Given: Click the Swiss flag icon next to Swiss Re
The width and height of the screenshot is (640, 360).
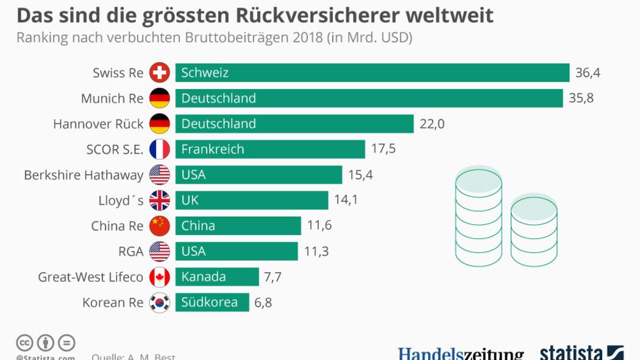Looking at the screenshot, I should (x=160, y=73).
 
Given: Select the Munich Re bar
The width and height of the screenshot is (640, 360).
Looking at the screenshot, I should (x=369, y=98).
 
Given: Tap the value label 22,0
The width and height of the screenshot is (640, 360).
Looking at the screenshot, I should (x=432, y=124).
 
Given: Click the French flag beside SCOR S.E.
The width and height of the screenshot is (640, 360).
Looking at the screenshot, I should (x=160, y=149).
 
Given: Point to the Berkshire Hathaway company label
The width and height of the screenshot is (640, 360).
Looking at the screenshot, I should (x=84, y=175).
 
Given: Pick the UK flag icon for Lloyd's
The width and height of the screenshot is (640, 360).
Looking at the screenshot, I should (x=160, y=200).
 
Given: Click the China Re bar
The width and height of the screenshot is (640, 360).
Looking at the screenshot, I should (x=238, y=226).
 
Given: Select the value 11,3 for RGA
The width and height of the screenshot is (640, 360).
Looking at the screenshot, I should (x=316, y=252).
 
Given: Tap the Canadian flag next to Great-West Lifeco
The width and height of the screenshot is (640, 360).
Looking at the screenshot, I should (x=160, y=277).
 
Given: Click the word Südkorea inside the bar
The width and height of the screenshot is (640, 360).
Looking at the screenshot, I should (x=209, y=302).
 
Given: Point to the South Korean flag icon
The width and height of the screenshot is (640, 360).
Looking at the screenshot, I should (x=160, y=303).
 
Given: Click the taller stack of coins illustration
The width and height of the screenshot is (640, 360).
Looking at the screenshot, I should (x=478, y=216).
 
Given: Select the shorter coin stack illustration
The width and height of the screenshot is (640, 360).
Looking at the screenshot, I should (x=534, y=231).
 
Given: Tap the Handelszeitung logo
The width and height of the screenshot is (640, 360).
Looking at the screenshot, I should (x=461, y=354).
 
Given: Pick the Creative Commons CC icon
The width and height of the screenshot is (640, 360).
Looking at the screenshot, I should (x=24, y=342).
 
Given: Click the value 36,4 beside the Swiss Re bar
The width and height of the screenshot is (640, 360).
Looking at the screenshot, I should (x=588, y=73).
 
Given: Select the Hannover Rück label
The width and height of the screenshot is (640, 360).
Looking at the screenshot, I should (x=98, y=124).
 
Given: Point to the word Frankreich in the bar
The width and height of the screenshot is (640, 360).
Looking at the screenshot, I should (x=213, y=149).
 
